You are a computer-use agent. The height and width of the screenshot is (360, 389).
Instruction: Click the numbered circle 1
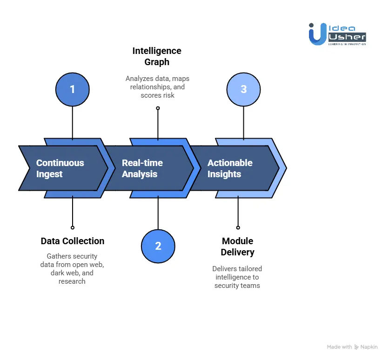click(72, 89)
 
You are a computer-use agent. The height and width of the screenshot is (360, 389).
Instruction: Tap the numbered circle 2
click(158, 246)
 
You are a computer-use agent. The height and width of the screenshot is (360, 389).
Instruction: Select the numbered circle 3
click(243, 89)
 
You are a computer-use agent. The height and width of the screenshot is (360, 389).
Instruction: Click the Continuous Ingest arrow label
click(60, 168)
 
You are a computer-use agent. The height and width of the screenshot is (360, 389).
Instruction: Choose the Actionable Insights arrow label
click(230, 168)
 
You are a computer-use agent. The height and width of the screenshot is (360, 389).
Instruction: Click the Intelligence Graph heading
click(157, 56)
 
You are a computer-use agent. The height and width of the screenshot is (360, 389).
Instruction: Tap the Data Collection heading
click(73, 241)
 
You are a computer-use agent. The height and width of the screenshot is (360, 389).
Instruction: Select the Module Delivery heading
click(237, 247)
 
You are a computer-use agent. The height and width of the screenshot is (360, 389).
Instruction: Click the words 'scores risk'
click(157, 95)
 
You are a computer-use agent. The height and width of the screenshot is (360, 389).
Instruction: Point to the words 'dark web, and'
click(72, 273)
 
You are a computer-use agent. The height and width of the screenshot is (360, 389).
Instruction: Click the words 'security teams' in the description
click(237, 286)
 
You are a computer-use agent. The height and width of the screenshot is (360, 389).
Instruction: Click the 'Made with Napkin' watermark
click(352, 347)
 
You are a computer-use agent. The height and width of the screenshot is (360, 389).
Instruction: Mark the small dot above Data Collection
click(73, 227)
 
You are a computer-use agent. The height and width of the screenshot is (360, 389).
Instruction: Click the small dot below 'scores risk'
click(158, 108)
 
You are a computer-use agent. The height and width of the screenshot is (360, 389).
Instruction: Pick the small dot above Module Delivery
click(238, 227)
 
